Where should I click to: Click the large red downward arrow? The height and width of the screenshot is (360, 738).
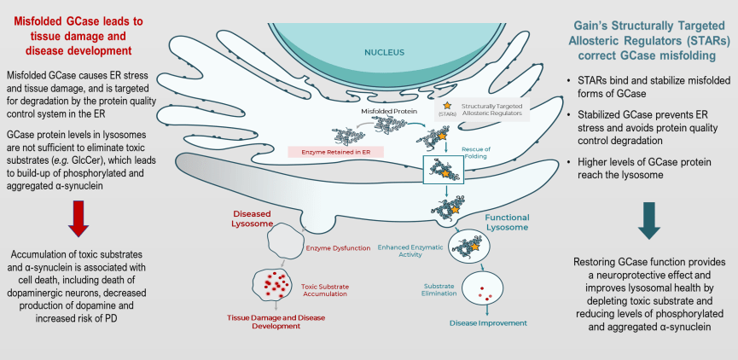coord(78,214)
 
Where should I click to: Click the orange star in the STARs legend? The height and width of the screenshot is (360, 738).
coord(446,104)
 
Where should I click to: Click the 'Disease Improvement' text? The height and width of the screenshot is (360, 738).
coord(490,322)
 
